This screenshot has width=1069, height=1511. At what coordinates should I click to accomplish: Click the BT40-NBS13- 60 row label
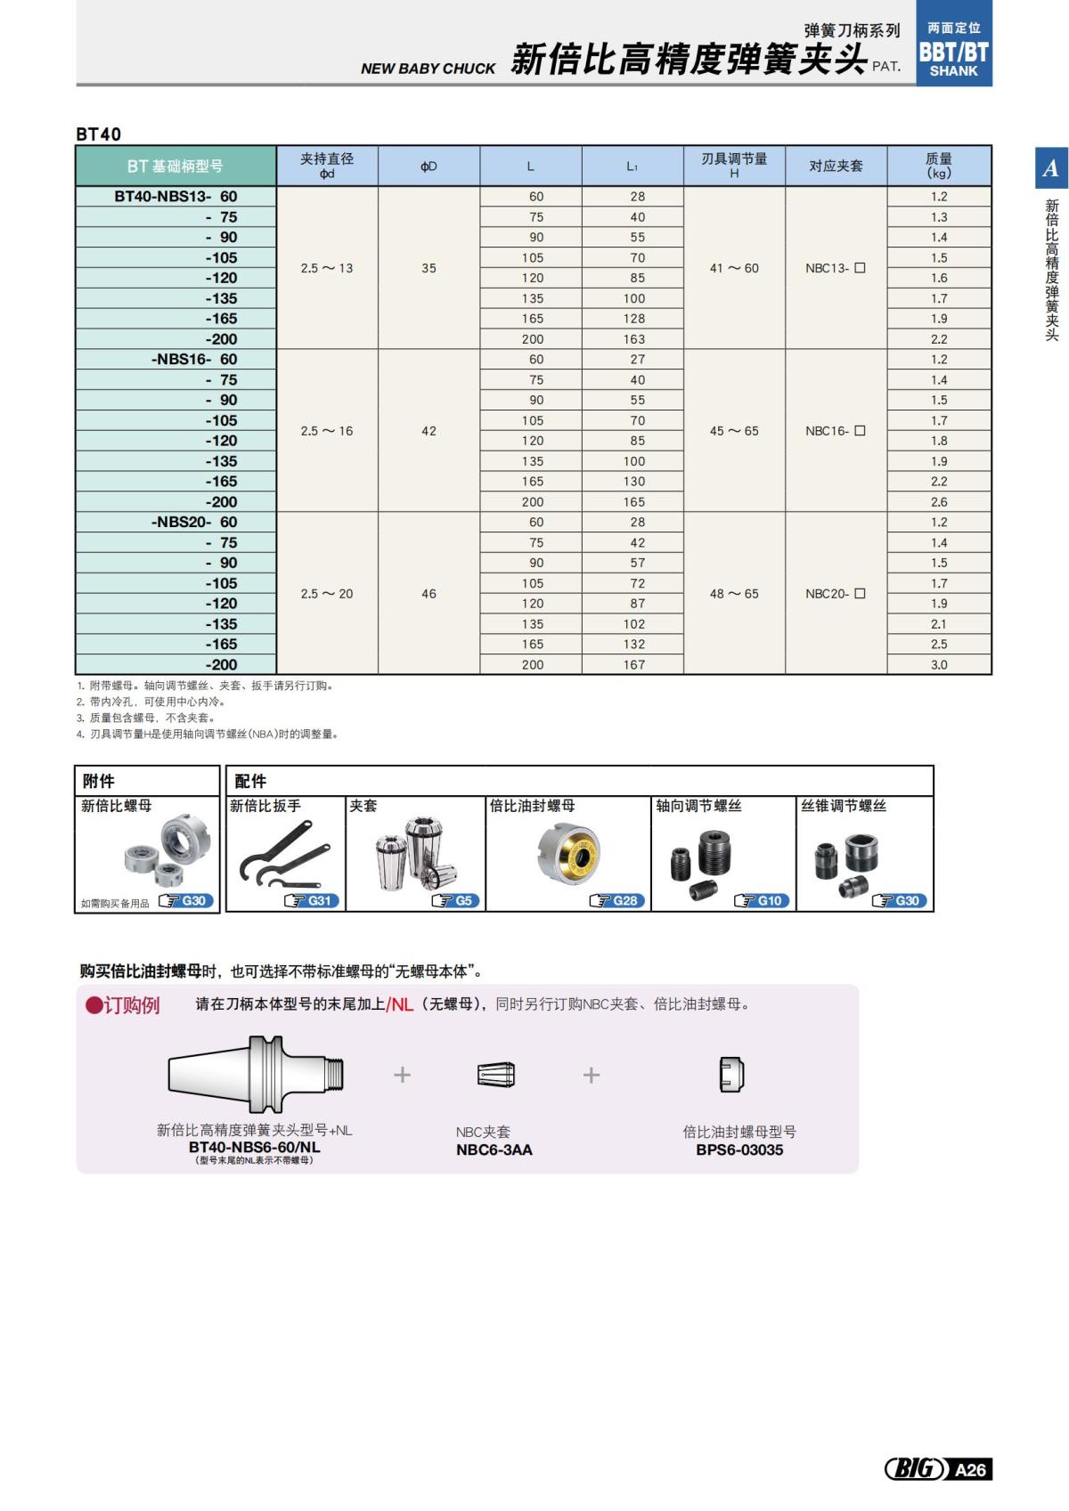tap(175, 197)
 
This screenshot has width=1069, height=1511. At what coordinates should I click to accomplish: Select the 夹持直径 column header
tap(327, 166)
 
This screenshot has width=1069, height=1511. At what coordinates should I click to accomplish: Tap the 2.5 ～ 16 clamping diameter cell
tap(327, 431)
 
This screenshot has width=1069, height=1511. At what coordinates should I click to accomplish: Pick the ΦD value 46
tap(428, 594)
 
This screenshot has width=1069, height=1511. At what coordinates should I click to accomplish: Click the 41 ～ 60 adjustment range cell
tap(734, 268)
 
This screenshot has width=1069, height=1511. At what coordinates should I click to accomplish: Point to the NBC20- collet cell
tap(835, 594)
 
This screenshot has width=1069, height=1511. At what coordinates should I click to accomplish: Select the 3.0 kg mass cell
tap(939, 665)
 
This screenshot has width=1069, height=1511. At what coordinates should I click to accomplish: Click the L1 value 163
tap(633, 339)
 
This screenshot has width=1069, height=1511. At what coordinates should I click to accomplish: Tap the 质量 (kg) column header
tap(939, 166)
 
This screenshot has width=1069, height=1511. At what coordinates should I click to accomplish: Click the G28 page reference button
tap(616, 901)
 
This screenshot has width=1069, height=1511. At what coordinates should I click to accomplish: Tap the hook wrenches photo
tap(278, 855)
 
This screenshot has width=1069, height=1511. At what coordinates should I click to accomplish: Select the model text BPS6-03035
tap(739, 1150)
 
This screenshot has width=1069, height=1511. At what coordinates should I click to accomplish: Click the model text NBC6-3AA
tap(494, 1150)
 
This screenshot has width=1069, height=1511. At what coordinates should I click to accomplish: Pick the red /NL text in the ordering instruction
tap(400, 1004)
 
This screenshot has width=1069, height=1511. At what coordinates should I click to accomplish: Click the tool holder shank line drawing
tap(257, 1074)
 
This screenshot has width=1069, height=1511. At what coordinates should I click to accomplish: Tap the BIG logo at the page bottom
tap(914, 1469)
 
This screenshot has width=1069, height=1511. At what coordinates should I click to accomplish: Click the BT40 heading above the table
tap(99, 134)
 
